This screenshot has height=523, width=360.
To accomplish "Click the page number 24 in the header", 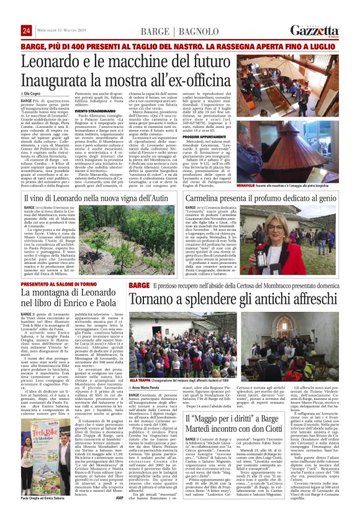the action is tap(26, 31).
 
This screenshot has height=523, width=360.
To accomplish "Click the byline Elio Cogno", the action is tap(35, 93).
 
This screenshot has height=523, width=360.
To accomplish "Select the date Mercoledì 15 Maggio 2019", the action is tap(61, 32).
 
